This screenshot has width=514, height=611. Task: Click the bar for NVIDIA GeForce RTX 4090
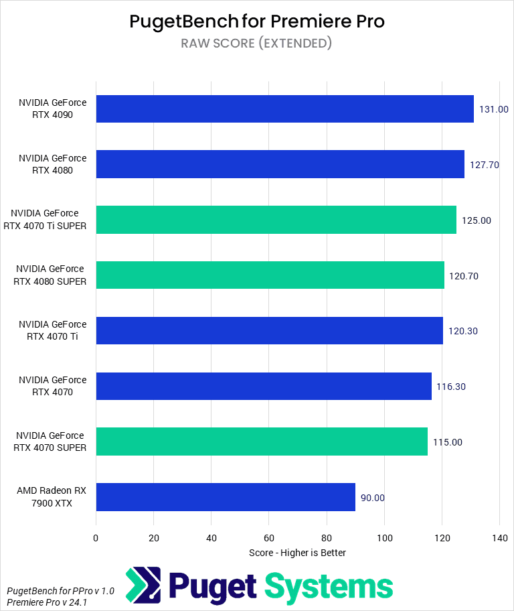pyautogui.click(x=284, y=109)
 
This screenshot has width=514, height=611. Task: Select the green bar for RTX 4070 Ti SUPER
pyautogui.click(x=276, y=220)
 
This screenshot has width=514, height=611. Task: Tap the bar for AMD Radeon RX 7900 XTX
pyautogui.click(x=226, y=497)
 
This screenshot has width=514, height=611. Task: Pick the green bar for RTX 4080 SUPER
pyautogui.click(x=270, y=275)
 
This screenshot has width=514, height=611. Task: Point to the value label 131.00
pyautogui.click(x=494, y=109)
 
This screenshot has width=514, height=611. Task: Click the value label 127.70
pyautogui.click(x=485, y=165)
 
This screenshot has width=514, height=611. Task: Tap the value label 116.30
pyautogui.click(x=452, y=387)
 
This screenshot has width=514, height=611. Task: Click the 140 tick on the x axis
pyautogui.click(x=499, y=538)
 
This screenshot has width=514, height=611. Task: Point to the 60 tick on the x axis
pyautogui.click(x=269, y=538)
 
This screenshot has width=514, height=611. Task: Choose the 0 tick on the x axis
pyautogui.click(x=96, y=538)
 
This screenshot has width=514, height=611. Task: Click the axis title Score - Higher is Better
pyautogui.click(x=297, y=553)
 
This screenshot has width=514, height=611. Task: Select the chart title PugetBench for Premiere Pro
pyautogui.click(x=257, y=21)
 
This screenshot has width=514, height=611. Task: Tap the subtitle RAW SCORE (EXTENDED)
pyautogui.click(x=257, y=44)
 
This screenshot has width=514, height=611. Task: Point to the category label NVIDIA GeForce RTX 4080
pyautogui.click(x=53, y=164)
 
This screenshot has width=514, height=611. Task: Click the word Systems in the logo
pyautogui.click(x=329, y=586)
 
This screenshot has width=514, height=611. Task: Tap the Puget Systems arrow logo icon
pyautogui.click(x=143, y=586)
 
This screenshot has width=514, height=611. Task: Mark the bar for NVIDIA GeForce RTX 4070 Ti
pyautogui.click(x=269, y=331)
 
